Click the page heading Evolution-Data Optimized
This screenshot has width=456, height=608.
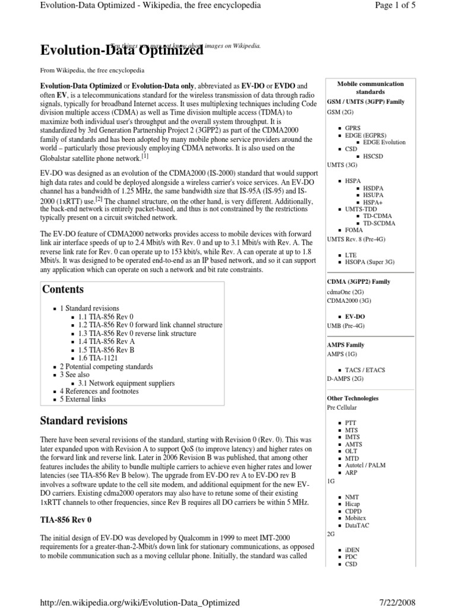(121, 52)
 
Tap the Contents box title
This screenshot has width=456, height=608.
(62, 290)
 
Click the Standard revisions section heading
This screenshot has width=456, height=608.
(83, 421)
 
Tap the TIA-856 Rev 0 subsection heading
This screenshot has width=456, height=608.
(65, 520)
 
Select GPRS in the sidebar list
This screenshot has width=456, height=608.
(353, 128)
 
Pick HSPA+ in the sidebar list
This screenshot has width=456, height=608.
(373, 202)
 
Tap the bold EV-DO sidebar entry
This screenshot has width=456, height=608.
(356, 317)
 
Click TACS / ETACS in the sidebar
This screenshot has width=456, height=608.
(365, 370)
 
